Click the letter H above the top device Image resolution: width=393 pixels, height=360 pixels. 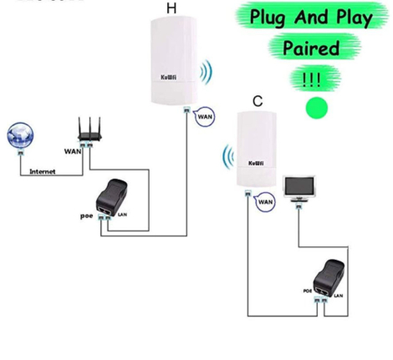pos(171,9)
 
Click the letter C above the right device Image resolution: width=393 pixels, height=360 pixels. pos(257,101)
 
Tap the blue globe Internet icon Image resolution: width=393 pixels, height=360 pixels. pos(18,137)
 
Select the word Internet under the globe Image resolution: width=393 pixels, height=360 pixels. pos(43,171)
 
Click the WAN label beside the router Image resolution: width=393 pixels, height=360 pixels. pos(73,151)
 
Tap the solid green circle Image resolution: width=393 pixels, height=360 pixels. pos(317,107)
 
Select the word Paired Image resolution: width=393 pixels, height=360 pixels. pos(310,48)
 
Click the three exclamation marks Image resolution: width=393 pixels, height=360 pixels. pos(309,79)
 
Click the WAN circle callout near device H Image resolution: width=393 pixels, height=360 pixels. pos(205,118)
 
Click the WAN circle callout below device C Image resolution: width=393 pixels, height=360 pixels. pos(265,201)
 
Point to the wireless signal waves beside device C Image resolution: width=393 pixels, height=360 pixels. pos(226,158)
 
